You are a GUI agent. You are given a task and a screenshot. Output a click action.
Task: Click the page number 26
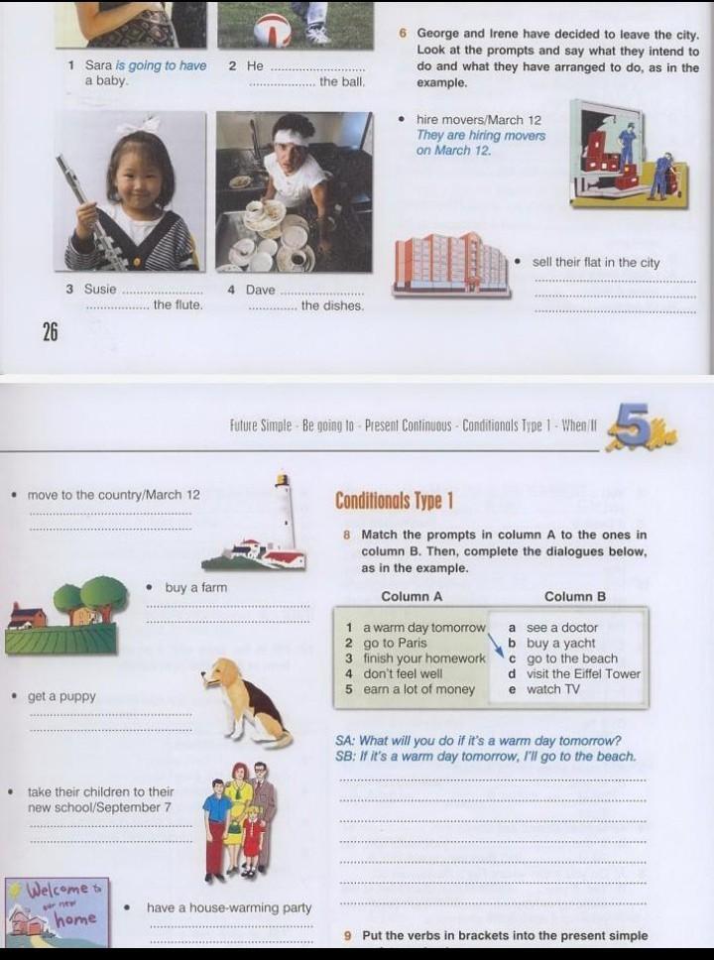(x=50, y=332)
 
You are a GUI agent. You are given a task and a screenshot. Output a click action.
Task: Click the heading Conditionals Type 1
(x=394, y=501)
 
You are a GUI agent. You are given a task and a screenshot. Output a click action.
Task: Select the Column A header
(x=412, y=596)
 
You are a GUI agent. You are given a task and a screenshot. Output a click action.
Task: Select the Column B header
(x=575, y=596)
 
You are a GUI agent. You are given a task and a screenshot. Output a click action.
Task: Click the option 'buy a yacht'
(x=560, y=643)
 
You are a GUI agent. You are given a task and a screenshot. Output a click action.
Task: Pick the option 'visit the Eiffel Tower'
(x=583, y=673)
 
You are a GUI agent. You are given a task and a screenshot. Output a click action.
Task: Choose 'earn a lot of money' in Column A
(x=418, y=689)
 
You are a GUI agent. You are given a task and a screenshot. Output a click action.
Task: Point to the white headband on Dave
(x=293, y=138)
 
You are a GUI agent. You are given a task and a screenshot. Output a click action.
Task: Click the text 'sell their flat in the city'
(x=596, y=262)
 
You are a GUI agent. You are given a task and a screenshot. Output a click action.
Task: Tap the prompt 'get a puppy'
(x=61, y=696)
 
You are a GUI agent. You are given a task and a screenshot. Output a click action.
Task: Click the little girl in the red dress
(x=251, y=832)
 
